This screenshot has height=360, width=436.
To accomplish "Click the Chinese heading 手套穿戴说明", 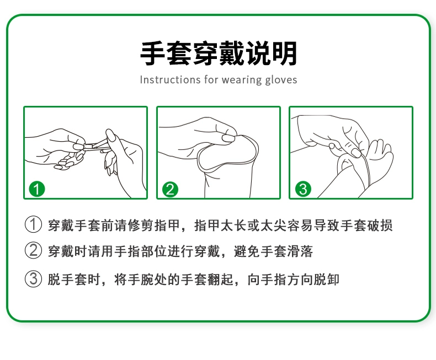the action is click(219, 53).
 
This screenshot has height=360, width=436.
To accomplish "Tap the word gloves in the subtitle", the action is click(281, 80).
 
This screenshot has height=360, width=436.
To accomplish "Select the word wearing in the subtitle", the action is click(242, 80).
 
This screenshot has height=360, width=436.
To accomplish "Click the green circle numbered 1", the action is click(37, 189).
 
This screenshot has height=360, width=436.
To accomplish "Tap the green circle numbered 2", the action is click(170, 190).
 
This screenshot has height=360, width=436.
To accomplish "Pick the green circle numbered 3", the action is click(303, 189).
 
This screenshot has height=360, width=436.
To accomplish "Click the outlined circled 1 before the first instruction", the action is click(33, 224).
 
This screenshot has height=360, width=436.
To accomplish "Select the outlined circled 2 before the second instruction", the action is click(33, 250).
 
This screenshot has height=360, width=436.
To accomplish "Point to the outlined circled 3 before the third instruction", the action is click(33, 278).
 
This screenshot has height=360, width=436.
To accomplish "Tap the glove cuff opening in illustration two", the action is click(228, 152).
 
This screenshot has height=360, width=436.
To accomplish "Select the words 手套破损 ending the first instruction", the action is click(366, 225).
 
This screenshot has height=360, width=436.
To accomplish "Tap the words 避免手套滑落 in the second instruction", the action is click(273, 251).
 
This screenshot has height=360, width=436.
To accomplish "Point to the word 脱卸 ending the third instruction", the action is click(326, 280).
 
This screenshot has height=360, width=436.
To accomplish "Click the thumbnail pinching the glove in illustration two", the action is click(228, 138).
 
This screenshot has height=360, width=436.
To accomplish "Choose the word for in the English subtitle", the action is click(211, 80).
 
